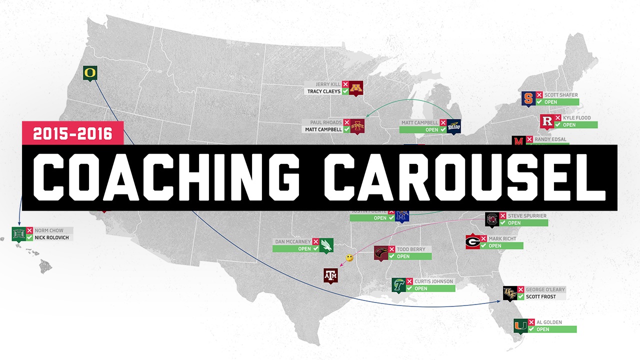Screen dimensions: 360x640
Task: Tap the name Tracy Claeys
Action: coord(324,91)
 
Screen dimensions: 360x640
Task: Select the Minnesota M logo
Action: coord(356,88)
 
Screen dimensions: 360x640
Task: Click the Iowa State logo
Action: coord(357,126)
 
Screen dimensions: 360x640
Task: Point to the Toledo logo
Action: coord(453,126)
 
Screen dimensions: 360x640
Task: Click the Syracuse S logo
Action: coord(527,98)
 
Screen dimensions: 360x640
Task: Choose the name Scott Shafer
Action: coord(561,95)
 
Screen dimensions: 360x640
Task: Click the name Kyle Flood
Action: coord(576,118)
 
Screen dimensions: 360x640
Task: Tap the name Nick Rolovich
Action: coord(52,237)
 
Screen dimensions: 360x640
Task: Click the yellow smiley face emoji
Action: coord(350,258)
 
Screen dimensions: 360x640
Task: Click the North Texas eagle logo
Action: coord(326,245)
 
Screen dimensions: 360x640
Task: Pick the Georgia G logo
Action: coord(472,242)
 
